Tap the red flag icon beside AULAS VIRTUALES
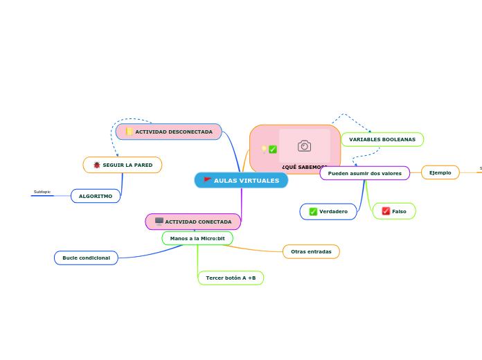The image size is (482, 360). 208,180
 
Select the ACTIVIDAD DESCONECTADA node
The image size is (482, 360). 169,132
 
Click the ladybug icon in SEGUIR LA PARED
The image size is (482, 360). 97,165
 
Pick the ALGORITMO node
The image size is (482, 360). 96,196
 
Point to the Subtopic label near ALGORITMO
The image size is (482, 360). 42,192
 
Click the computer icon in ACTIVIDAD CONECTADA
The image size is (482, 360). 159,222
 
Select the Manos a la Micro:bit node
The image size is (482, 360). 197,238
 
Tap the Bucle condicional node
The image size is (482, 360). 86,258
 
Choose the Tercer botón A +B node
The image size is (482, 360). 231,278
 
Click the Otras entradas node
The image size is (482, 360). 311,251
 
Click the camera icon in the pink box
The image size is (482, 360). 304,145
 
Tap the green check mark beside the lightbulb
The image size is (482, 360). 273,150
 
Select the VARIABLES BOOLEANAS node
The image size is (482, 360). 382,139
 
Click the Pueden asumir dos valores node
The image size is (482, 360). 365,173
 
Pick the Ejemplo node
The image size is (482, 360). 440,172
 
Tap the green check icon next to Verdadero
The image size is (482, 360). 313,211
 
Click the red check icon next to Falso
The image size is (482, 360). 386,211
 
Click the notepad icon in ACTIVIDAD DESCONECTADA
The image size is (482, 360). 130,132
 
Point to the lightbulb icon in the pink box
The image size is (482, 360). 264,149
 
